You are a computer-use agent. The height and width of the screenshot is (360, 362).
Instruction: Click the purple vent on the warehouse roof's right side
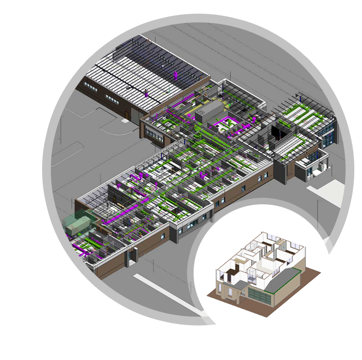(x=176, y=73)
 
